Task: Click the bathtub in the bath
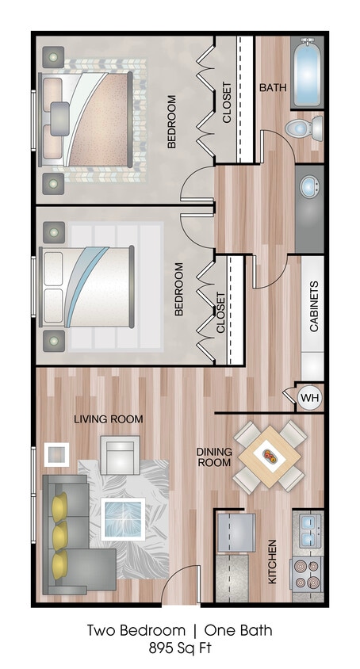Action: tap(306, 77)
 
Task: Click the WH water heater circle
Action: tap(308, 396)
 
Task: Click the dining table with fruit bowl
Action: tap(270, 457)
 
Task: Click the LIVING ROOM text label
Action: tap(109, 419)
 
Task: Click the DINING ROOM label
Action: tap(214, 457)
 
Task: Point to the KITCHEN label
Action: tap(272, 561)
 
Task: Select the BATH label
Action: tap(274, 87)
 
